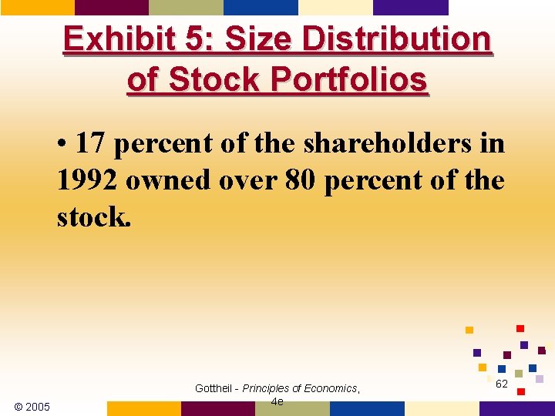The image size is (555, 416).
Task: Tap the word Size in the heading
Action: [x=251, y=39]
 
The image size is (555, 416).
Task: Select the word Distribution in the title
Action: [x=396, y=39]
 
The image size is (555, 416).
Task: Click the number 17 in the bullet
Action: [x=89, y=143]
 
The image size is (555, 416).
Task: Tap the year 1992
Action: [x=86, y=180]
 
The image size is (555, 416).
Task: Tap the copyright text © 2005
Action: [x=32, y=406]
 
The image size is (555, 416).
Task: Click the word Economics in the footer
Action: [x=331, y=388]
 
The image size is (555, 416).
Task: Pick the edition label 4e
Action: [x=277, y=401]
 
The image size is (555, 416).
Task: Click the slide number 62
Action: [x=501, y=384]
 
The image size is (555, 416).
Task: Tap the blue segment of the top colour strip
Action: [x=261, y=7]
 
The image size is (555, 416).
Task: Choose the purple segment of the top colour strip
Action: [x=410, y=7]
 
